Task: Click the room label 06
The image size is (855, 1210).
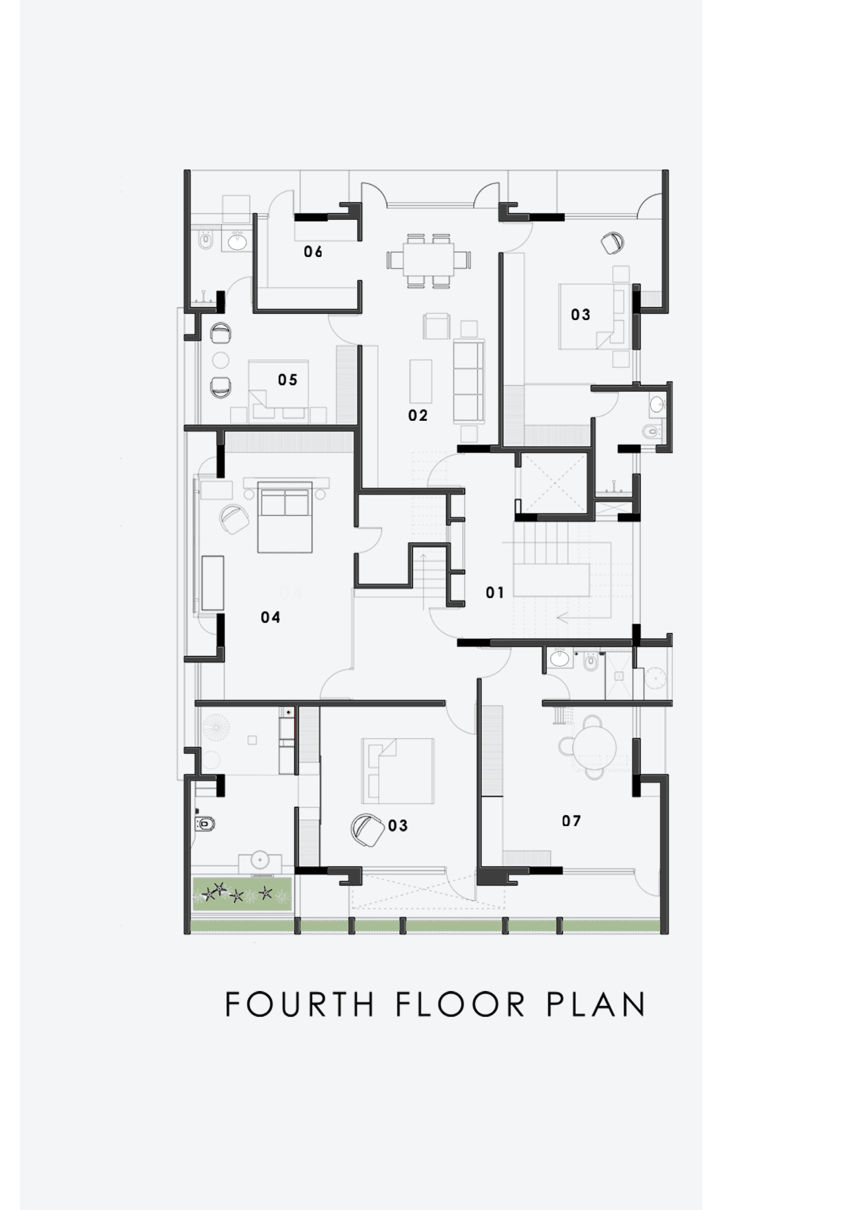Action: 313,252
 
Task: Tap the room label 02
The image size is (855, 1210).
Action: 418,415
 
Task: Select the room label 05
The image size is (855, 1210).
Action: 288,379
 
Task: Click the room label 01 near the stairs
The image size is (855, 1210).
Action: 495,593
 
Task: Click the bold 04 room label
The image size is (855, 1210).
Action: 270,617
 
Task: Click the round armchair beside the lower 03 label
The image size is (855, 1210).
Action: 367,830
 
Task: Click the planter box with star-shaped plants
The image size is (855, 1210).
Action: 242,894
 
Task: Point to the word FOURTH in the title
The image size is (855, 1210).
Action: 300,1004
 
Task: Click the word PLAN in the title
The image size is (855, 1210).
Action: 595,1004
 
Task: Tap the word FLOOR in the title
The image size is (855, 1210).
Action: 460,1004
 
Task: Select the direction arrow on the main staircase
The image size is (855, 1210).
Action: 563,617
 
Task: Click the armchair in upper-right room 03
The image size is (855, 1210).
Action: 613,243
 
